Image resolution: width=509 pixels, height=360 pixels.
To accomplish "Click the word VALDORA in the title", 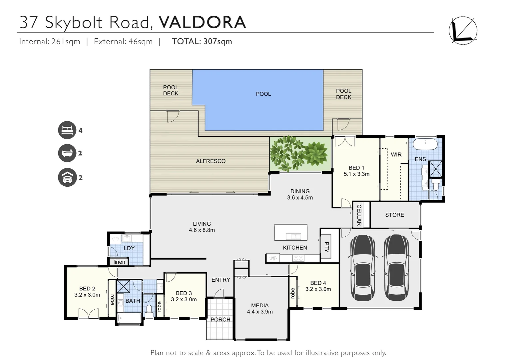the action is click(202, 22).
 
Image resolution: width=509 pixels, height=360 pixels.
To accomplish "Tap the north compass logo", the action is click(463, 30).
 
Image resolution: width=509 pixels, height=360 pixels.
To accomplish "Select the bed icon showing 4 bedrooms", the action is click(67, 130).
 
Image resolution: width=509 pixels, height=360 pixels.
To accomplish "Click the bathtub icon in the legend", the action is click(67, 153).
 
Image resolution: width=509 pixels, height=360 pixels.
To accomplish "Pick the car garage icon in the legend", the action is click(67, 177).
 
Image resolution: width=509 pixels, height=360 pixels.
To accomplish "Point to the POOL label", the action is click(263, 94).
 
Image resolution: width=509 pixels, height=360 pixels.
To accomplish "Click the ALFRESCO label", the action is click(211, 161).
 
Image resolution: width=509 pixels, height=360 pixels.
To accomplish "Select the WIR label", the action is click(396, 155).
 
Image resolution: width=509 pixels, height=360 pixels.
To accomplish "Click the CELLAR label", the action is click(359, 215).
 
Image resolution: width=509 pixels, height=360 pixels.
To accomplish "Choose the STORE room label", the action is click(394, 215).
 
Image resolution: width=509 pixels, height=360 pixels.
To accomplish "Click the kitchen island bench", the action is click(290, 232).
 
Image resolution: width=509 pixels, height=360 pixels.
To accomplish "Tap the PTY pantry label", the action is click(327, 247).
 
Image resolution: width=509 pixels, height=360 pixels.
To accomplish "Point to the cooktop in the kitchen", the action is click(298, 258).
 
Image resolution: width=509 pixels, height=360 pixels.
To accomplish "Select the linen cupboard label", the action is click(119, 262).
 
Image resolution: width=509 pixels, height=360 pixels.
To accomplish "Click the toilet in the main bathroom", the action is click(149, 311).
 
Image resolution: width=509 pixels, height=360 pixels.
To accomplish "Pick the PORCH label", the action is click(220, 320).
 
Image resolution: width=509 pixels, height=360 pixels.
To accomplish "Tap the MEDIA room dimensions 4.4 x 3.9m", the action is click(260, 312).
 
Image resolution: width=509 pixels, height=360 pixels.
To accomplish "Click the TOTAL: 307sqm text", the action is click(202, 41).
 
